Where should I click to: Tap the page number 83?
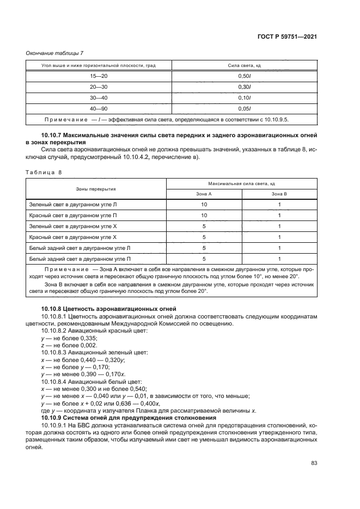click(314, 463)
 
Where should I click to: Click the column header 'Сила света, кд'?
click(244, 65)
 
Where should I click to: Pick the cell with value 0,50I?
click(244, 76)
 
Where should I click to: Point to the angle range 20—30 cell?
click(99, 87)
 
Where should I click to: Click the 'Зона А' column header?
click(204, 194)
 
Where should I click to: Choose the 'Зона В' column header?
click(279, 194)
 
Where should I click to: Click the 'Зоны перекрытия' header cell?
click(95, 188)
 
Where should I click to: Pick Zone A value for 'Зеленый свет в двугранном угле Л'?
click(204, 204)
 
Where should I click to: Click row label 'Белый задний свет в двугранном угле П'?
click(80, 259)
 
